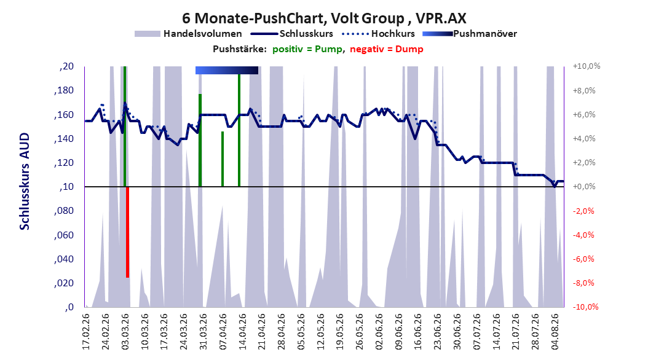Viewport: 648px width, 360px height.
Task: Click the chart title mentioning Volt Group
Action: [324, 18]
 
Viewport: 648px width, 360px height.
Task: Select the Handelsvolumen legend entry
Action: [189, 34]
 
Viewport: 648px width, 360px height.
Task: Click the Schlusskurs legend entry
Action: [292, 34]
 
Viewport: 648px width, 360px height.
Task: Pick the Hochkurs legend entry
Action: [378, 34]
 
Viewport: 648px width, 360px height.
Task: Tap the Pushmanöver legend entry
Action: [470, 34]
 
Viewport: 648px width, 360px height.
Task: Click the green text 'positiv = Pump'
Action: [307, 49]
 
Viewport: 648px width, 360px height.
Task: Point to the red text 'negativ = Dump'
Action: [387, 49]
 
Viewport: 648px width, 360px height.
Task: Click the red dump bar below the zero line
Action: [128, 232]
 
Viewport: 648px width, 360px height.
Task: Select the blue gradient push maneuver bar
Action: [227, 70]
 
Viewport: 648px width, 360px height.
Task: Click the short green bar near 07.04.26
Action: [223, 159]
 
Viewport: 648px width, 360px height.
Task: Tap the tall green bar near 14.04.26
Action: [239, 130]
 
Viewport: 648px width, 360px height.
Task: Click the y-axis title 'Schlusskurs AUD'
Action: [25, 181]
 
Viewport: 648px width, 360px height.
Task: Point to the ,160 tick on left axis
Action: [64, 114]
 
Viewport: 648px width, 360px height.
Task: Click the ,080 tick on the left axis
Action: [64, 211]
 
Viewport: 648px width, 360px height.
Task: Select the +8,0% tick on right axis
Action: [584, 90]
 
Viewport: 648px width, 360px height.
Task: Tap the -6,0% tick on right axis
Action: [583, 259]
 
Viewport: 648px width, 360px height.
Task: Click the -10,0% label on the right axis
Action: [585, 307]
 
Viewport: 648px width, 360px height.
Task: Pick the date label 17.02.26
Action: [86, 332]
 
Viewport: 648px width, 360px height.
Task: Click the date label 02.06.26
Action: [379, 332]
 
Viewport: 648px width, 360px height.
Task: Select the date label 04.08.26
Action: [555, 332]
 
